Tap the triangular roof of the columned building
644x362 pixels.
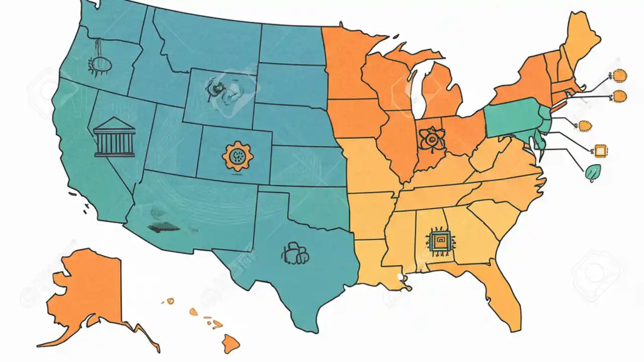[114, 124]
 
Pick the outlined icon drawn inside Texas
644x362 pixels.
[295, 253]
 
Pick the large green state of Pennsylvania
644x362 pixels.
[511, 117]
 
